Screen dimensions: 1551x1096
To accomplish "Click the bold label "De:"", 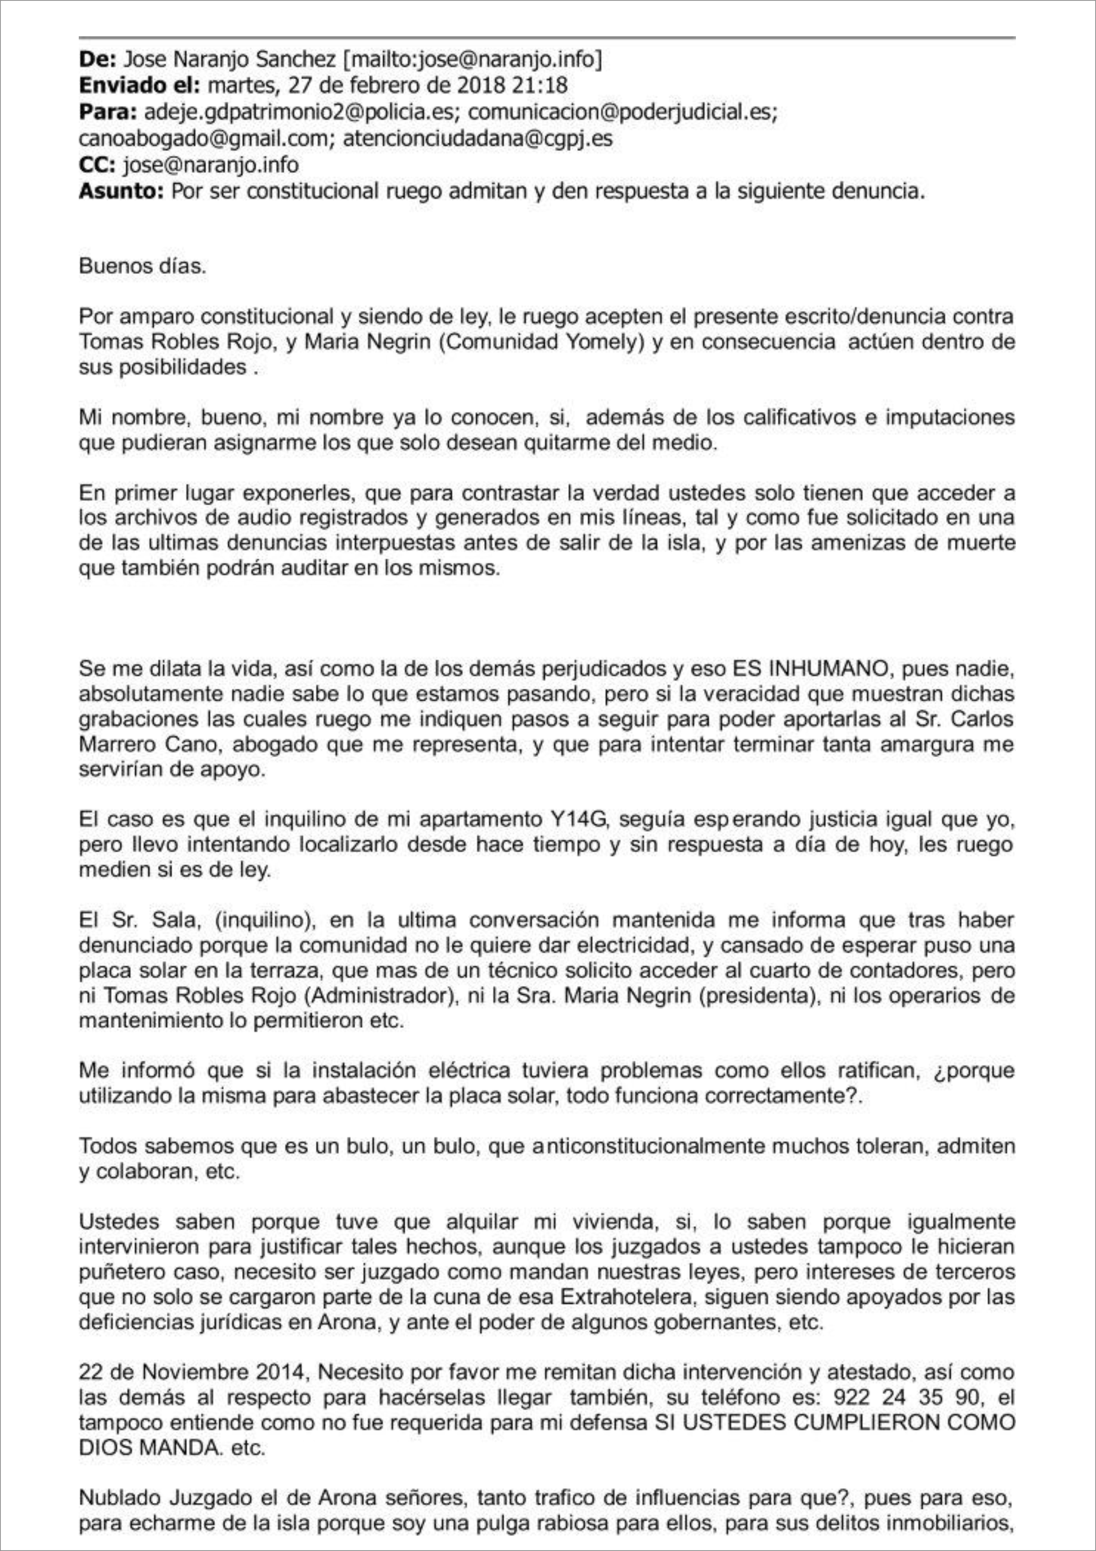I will point(97,60).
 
